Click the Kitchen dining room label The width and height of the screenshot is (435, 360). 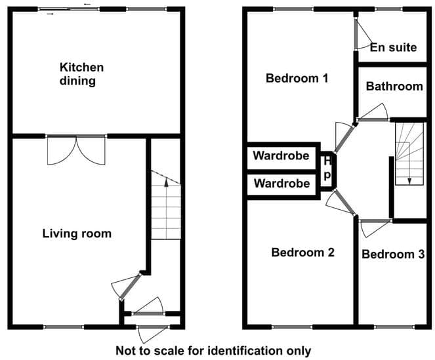[81, 74]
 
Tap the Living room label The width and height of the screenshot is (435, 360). [77, 233]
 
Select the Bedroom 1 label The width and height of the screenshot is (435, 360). [297, 78]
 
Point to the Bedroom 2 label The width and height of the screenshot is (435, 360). [302, 252]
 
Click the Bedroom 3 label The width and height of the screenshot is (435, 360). [393, 254]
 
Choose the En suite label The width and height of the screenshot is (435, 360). [394, 47]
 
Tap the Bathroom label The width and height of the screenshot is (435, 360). [394, 87]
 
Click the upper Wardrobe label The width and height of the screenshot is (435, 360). [281, 155]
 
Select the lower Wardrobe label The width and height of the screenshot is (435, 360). [281, 184]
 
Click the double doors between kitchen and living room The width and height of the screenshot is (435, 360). [76, 150]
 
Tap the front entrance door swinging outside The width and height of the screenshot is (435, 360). [153, 334]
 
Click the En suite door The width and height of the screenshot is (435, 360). [363, 34]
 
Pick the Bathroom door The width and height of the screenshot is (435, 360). [373, 113]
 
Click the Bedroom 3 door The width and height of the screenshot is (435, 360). [375, 228]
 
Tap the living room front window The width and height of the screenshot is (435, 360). [64, 327]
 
